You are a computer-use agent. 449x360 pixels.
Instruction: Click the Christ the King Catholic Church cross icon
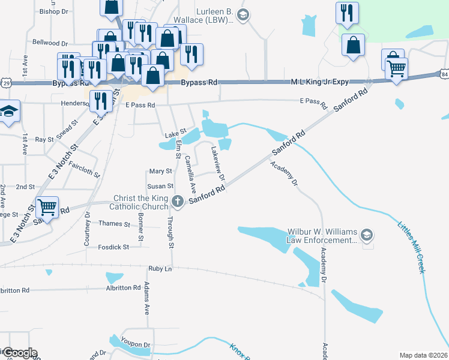pos(177,201)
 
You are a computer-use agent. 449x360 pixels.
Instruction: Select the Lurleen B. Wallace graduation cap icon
pos(243,15)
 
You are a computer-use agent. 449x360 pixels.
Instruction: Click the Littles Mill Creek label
pos(412,247)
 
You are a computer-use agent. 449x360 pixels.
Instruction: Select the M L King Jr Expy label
pos(320,82)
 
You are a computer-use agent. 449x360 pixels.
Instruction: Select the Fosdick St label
pos(113,247)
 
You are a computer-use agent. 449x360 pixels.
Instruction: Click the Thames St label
pos(114,224)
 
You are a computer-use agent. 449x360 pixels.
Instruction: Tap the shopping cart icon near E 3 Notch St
pos(47,208)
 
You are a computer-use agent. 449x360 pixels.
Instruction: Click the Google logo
pos(19,353)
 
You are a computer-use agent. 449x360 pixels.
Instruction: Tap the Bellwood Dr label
pos(50,43)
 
